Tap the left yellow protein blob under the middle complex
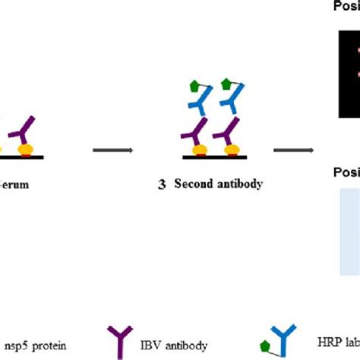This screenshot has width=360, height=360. [201, 150]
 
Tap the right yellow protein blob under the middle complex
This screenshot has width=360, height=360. [229, 150]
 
